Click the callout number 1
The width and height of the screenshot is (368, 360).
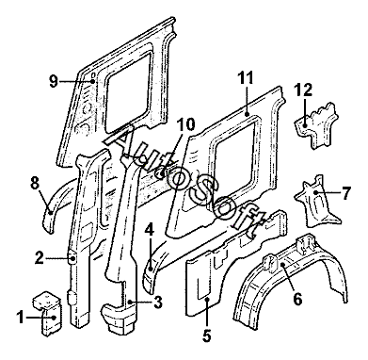click(21, 319)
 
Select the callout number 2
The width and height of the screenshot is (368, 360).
click(40, 258)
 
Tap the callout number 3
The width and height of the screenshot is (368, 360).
click(158, 303)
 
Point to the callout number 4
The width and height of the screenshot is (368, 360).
click(150, 231)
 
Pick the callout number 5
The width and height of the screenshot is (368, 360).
click(206, 335)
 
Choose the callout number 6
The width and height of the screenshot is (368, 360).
click(297, 299)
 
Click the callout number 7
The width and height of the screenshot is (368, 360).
click(345, 193)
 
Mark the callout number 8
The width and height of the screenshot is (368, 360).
click(35, 183)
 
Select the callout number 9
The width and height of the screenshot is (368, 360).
click(54, 82)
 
